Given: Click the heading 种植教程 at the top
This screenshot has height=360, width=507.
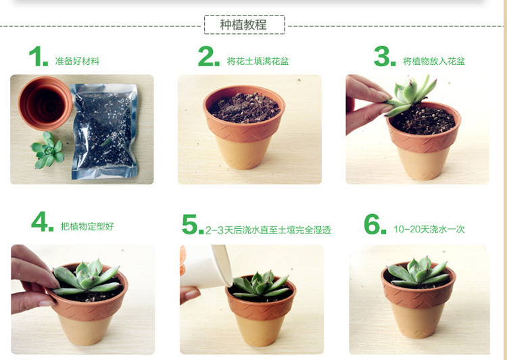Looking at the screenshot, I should coord(244,25).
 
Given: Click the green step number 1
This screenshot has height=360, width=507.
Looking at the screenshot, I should coord(38,57).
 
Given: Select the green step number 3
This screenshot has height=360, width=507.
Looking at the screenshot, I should coord(384,57).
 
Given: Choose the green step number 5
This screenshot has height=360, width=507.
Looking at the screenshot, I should coord(192,225).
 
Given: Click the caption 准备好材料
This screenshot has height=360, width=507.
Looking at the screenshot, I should coord(77,61).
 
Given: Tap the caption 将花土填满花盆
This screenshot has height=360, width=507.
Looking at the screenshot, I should coord(258,61).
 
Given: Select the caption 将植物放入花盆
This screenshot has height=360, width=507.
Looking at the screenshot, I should coord(434,61).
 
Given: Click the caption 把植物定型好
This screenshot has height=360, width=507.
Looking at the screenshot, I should coord(87,227).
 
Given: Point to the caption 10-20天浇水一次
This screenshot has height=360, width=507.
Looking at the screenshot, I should coord(429,230).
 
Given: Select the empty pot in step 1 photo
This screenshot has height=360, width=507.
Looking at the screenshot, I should coord(45,103).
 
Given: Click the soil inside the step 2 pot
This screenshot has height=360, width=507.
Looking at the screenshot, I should coord(244,108).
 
